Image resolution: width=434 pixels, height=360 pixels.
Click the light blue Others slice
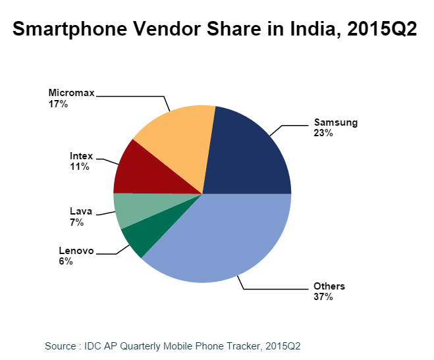pos(224,237)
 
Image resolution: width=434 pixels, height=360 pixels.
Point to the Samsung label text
pos(335,122)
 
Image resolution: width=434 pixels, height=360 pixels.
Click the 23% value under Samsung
pos(323,133)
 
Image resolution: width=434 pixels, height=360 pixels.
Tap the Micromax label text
pos(71,93)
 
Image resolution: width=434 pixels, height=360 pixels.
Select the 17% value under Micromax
pos(57,104)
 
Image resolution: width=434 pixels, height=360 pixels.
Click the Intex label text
pos(81,157)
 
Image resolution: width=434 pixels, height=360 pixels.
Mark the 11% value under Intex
pos(79,167)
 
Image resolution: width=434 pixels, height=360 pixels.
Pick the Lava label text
pos(80,212)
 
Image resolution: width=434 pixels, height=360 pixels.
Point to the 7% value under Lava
pos(77,222)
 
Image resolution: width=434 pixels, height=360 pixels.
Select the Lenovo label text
pos(76,251)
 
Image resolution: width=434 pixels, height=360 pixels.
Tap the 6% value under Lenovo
pos(66,261)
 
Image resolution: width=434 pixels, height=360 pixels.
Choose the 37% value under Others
pos(323,297)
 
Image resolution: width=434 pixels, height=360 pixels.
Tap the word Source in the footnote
pos(61,345)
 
